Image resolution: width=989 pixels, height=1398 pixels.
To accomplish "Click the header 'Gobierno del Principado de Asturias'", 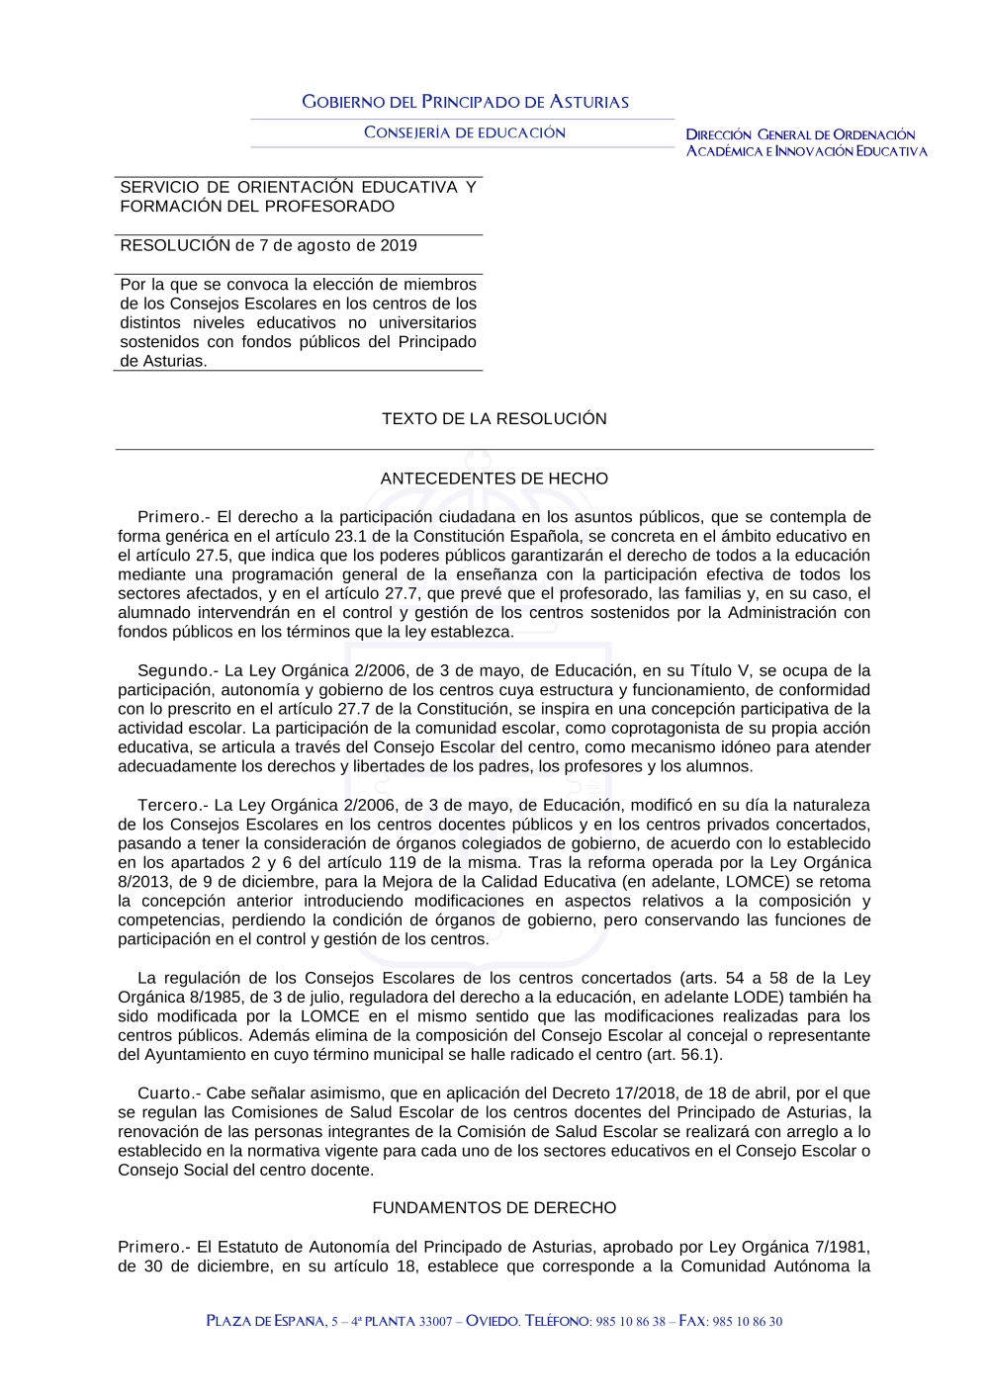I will click(465, 102).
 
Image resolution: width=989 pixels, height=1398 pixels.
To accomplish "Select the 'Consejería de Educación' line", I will click(465, 132).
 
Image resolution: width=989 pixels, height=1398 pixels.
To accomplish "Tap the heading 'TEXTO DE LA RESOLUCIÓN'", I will click(494, 419).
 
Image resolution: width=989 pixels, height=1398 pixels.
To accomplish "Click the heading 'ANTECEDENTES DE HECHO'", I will click(494, 479).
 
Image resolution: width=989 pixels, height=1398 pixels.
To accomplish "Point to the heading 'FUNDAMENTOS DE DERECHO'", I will click(494, 1208).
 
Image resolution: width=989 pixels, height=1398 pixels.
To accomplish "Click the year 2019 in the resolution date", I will click(399, 246).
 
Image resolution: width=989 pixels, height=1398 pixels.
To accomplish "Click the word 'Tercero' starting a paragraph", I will click(168, 806).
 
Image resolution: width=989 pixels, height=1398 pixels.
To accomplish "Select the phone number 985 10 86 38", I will click(630, 1322).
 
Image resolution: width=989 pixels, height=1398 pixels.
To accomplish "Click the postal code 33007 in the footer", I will click(436, 1322).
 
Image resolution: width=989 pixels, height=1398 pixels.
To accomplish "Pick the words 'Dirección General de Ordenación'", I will click(801, 134).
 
